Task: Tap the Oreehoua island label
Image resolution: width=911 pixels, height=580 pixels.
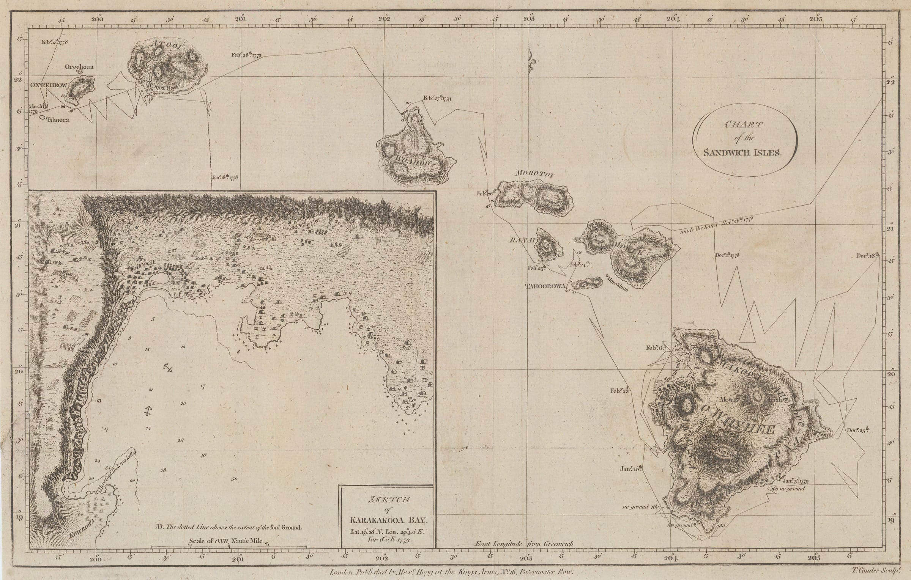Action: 79,67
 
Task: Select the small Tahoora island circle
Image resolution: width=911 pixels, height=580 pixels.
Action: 41,117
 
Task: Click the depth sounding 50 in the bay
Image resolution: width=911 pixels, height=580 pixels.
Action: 234,479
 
